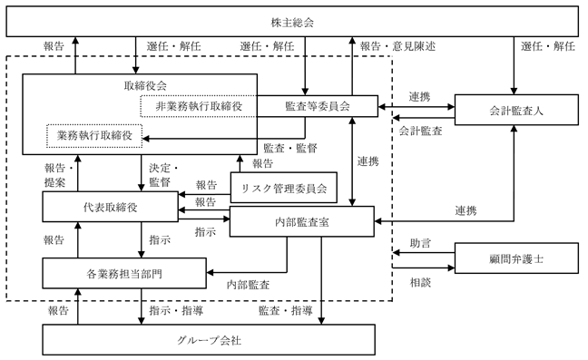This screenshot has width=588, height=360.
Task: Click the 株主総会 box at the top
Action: [292, 22]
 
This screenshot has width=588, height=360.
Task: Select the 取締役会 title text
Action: [145, 86]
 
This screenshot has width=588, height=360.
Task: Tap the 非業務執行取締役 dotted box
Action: [199, 106]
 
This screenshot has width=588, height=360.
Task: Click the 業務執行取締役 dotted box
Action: [94, 136]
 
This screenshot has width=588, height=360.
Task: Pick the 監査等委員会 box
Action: [318, 106]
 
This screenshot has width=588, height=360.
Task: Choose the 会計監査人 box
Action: [516, 110]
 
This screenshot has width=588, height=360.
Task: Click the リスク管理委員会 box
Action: [283, 188]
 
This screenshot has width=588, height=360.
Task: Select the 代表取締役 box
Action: [111, 207]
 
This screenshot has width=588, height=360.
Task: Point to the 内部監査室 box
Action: [302, 221]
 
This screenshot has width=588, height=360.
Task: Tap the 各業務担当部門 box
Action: [124, 273]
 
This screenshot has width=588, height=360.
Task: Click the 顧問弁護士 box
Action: [516, 258]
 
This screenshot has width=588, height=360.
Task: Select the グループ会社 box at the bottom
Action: [209, 340]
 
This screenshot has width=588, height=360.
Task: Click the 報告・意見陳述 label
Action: [397, 46]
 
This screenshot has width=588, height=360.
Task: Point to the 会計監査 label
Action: [420, 131]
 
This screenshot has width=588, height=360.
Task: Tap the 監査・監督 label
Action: [290, 149]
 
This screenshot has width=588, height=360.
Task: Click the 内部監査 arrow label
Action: [248, 285]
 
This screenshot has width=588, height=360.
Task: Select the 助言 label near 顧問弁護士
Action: [420, 244]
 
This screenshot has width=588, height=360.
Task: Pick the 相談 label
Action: [420, 282]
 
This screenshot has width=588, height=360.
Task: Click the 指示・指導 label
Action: [176, 310]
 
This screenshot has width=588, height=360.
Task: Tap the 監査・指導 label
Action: [285, 310]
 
